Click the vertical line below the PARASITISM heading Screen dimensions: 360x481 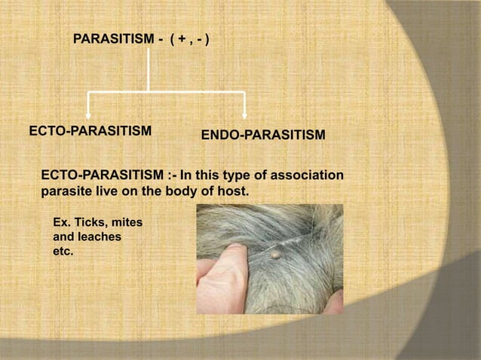click(x=149, y=72)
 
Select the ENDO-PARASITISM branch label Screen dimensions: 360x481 click(x=263, y=136)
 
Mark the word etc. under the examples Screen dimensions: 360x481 click(x=62, y=251)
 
